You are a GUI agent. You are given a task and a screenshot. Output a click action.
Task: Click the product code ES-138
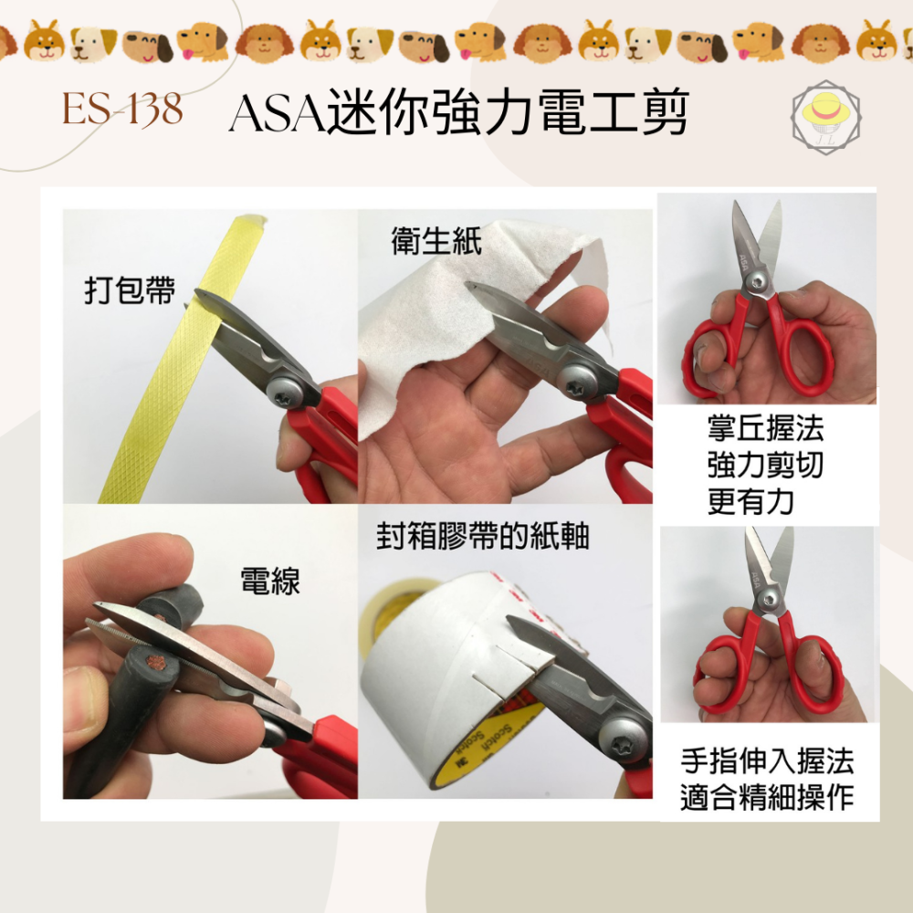pos(122,111)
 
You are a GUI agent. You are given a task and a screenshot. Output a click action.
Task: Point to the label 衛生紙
pos(436,241)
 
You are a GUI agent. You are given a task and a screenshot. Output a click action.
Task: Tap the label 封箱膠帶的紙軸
pos(483,537)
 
